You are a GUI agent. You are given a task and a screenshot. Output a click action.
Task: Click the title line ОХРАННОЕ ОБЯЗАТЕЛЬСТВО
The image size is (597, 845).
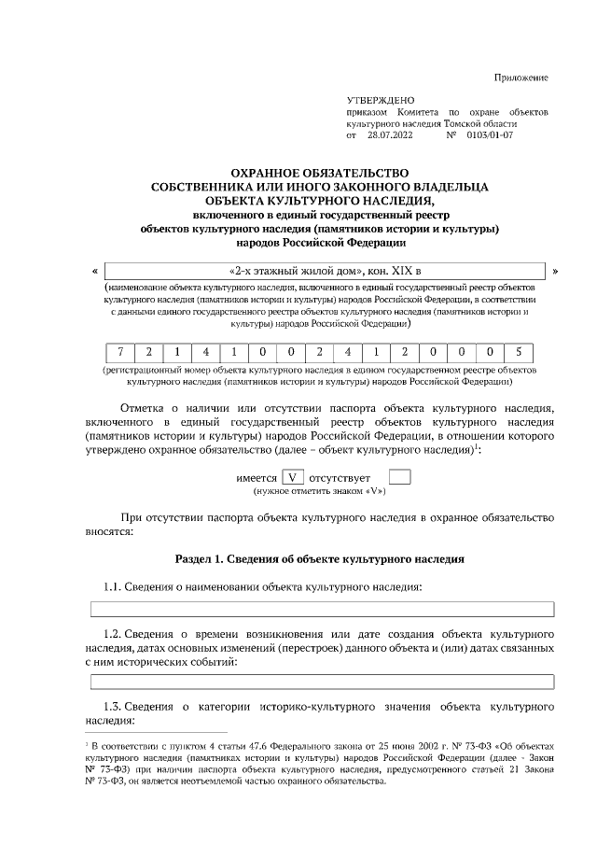[x=320, y=173]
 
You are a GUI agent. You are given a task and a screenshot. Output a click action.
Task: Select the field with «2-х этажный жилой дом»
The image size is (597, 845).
[x=325, y=272]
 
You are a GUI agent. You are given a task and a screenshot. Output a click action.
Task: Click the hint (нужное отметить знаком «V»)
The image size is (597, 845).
[x=320, y=490]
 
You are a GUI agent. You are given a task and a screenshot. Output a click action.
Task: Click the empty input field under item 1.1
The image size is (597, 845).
[x=321, y=610]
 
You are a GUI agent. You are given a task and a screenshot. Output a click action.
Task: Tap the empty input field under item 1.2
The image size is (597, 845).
[x=321, y=683]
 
